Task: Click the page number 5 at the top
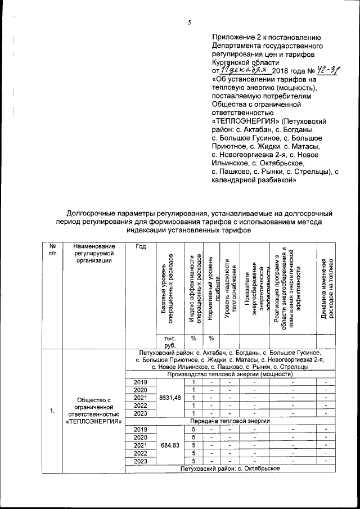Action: point(190,22)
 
